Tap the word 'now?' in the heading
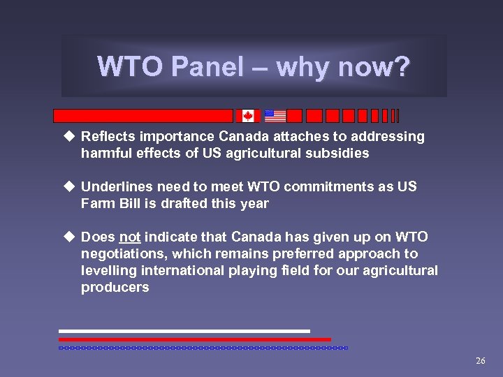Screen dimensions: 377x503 (377, 67)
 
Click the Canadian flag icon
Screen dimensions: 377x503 (247, 116)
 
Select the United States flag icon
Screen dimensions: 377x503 (275, 116)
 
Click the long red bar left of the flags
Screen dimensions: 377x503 (143, 116)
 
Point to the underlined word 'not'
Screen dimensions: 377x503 (130, 237)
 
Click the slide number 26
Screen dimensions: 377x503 (480, 361)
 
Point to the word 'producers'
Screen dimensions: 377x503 (115, 288)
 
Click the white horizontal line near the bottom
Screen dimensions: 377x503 (184, 331)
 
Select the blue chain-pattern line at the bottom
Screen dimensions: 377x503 (203, 347)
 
